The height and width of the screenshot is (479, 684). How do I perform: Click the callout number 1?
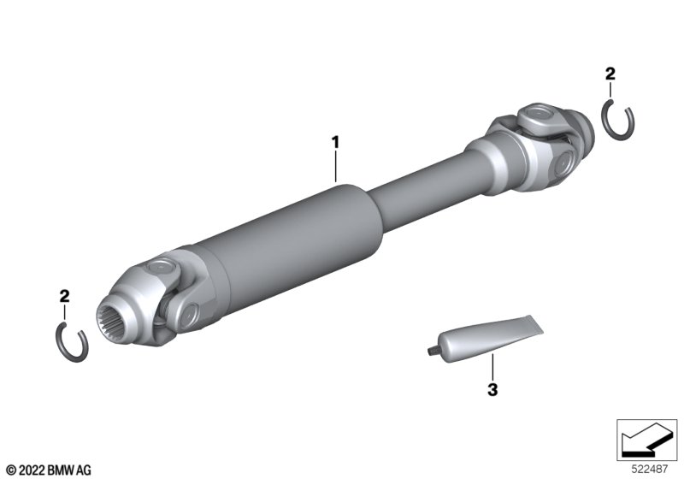point(335,142)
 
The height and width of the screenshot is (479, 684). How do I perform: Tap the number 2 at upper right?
point(610,74)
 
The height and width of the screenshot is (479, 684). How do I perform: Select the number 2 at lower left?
point(64,296)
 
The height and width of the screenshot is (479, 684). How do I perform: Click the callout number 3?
point(492,389)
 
